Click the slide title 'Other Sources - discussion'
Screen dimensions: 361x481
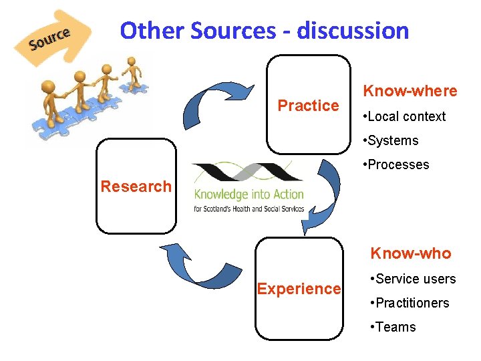tap(264, 31)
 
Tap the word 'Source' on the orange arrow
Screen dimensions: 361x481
tap(49, 39)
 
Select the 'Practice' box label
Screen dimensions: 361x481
tap(308, 106)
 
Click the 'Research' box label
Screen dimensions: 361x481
tap(136, 187)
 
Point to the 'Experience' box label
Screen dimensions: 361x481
tap(299, 289)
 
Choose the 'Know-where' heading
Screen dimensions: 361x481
tap(410, 91)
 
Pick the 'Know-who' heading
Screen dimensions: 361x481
tap(411, 253)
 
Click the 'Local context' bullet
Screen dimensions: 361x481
tap(406, 116)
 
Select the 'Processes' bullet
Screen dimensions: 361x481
tap(397, 164)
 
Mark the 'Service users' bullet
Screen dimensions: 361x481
tap(415, 279)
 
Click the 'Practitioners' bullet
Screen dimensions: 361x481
tap(412, 303)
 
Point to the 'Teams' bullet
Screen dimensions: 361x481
tap(395, 327)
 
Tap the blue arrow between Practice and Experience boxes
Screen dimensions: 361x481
tap(321, 195)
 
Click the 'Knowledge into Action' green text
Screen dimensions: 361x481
tap(249, 195)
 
